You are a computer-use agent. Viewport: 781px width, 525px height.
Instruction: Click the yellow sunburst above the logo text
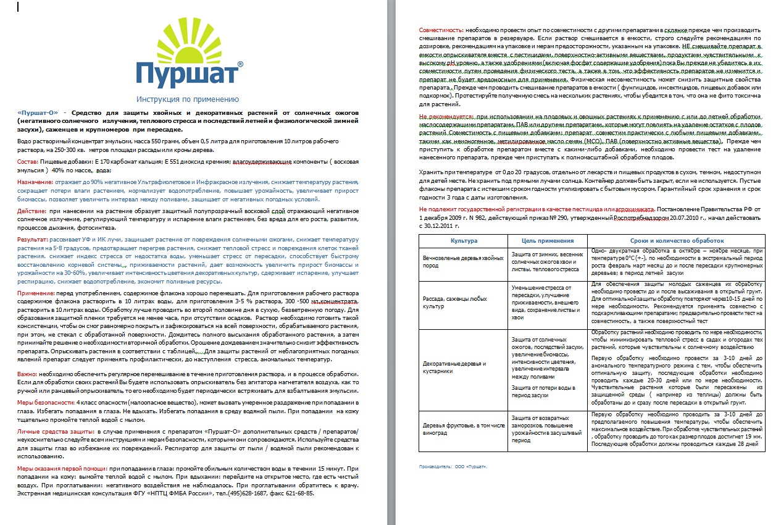187,38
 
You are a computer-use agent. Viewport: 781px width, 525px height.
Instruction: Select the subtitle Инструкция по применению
187,99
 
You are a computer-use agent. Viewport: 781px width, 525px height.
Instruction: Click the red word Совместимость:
441,30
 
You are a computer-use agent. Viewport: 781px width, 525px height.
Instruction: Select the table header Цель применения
547,241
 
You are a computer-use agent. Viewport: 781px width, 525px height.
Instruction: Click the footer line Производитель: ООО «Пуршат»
453,466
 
